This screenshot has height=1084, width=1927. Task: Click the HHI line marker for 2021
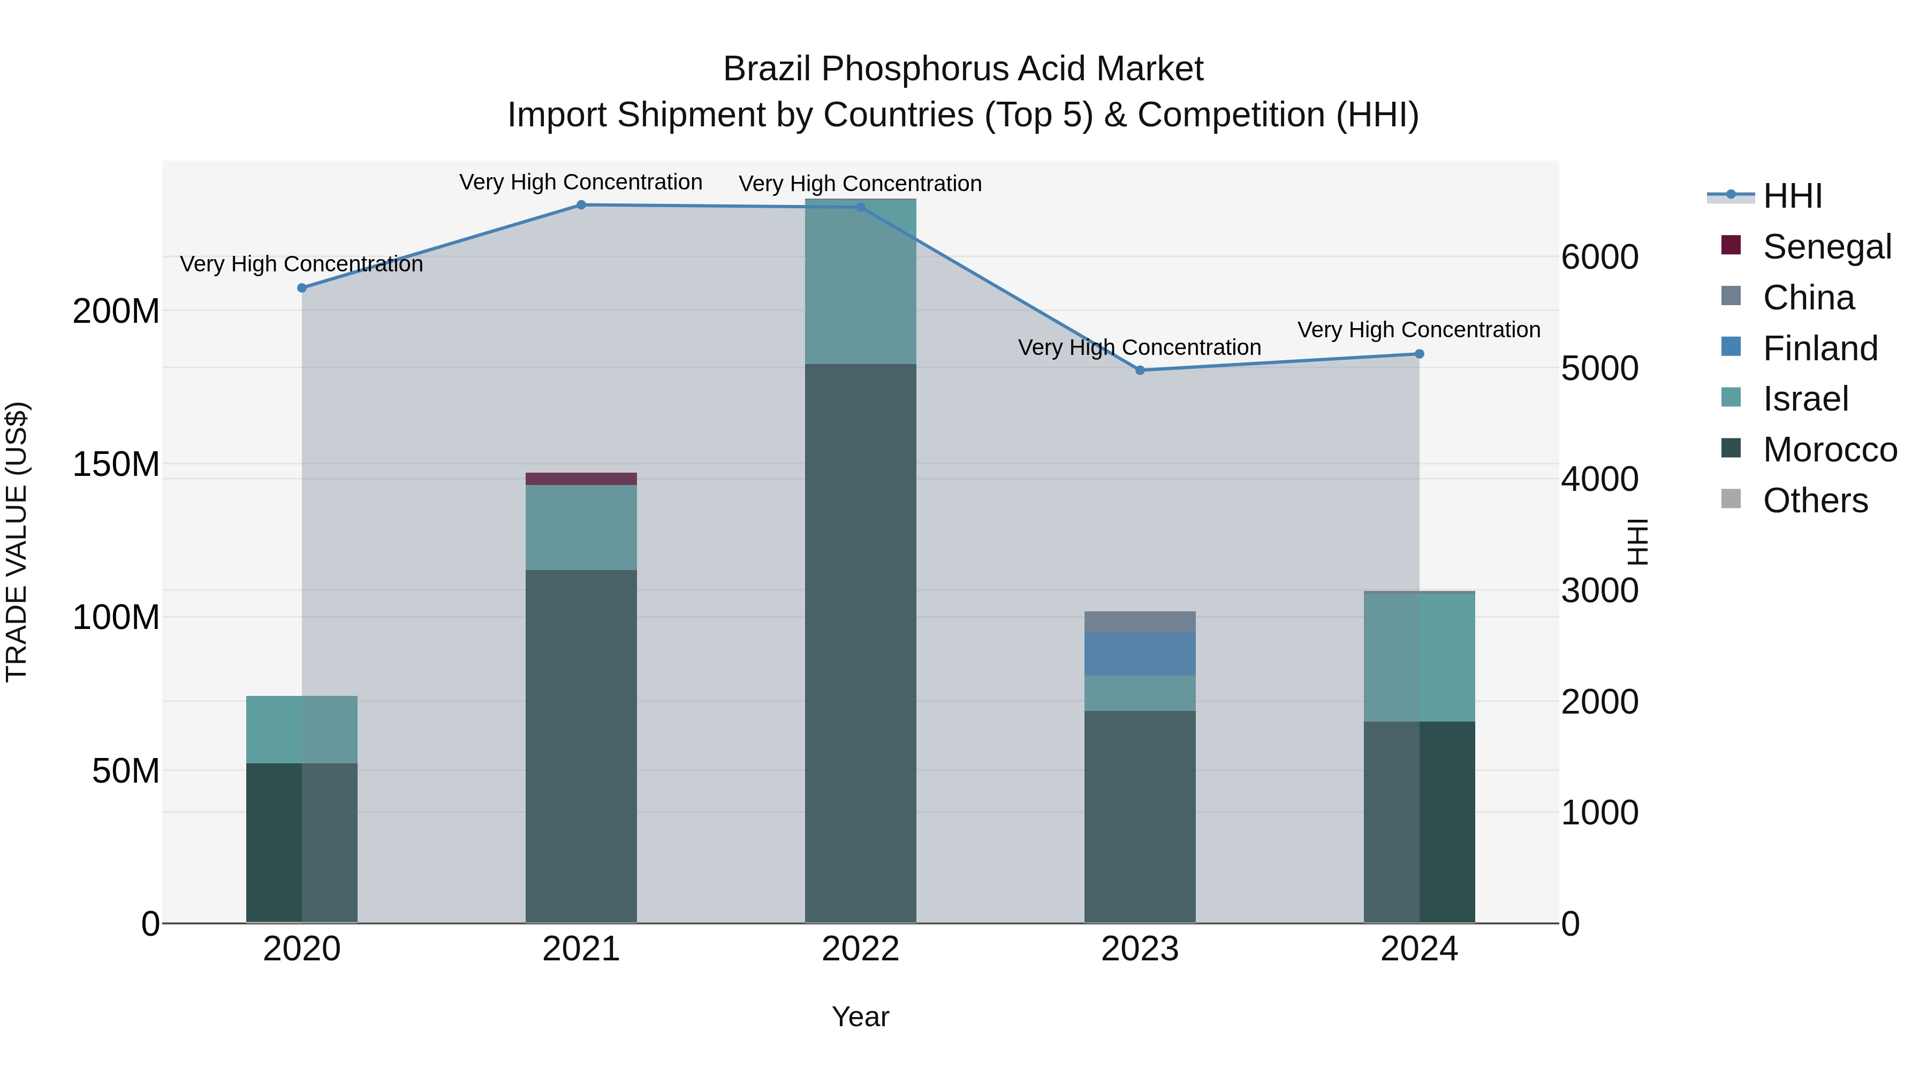click(x=581, y=205)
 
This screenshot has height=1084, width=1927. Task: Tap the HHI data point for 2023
click(x=1140, y=370)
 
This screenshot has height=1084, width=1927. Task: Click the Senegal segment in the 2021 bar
click(x=581, y=479)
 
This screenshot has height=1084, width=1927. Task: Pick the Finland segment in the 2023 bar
click(x=1140, y=654)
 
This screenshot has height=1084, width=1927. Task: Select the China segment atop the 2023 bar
click(x=1140, y=621)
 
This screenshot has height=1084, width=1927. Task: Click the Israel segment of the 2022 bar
click(x=860, y=282)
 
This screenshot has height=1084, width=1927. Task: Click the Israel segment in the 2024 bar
click(x=1419, y=657)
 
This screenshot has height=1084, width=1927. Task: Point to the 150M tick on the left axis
click(x=116, y=465)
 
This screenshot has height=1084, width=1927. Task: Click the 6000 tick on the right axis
click(x=1600, y=257)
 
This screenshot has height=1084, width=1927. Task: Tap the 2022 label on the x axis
click(x=860, y=949)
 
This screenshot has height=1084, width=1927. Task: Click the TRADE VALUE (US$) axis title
click(x=17, y=542)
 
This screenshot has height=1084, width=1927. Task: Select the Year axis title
click(x=860, y=1017)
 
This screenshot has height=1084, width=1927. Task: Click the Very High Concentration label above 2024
click(x=1418, y=330)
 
